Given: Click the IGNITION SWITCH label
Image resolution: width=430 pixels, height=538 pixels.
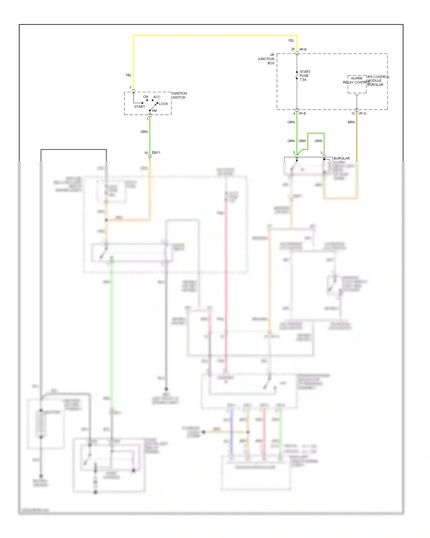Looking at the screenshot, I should (179, 95).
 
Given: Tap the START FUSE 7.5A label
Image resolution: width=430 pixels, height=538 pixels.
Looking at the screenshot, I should (304, 76).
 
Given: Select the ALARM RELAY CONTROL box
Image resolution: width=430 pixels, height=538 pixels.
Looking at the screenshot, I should (357, 84).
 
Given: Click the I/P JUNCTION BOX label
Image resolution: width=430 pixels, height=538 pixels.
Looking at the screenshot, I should (266, 59).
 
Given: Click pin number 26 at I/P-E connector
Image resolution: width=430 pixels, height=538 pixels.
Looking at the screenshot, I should (292, 49).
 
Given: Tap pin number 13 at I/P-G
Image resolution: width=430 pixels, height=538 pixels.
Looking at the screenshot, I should (353, 114).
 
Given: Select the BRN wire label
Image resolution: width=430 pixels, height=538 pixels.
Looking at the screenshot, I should (351, 122).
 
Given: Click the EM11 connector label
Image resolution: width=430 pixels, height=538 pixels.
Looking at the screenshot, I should (156, 153).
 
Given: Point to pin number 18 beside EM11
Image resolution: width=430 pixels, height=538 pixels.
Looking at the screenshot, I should (146, 153).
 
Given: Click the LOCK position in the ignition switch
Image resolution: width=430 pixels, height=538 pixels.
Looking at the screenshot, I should (163, 104).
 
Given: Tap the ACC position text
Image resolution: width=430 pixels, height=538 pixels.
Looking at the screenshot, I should (157, 97).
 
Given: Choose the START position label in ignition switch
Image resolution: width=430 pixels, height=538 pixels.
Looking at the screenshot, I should (140, 107).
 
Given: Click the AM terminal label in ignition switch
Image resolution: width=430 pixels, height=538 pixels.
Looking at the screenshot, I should (154, 111).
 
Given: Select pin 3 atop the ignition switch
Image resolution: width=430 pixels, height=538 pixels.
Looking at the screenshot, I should (130, 87).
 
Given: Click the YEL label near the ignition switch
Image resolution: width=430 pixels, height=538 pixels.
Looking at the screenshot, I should (128, 75).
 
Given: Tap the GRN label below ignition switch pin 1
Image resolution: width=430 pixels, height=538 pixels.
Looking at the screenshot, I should (144, 132).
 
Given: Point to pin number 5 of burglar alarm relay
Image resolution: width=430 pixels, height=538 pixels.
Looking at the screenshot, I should (294, 153).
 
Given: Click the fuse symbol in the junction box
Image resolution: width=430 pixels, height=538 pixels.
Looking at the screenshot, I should (297, 76).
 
